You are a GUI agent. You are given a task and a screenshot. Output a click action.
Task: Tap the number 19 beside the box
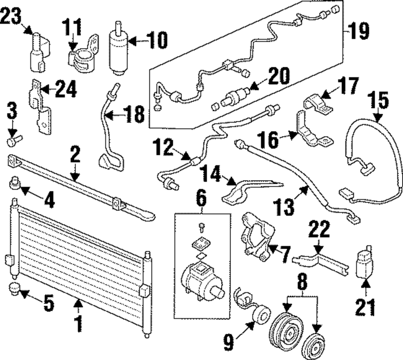(x=359, y=31)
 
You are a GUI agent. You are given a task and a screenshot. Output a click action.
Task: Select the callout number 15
(x=378, y=100)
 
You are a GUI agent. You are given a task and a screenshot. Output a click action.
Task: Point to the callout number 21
(x=365, y=307)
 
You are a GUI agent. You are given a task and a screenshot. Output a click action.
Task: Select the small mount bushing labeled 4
(x=15, y=182)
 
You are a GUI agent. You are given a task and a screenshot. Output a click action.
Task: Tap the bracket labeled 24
(x=41, y=107)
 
